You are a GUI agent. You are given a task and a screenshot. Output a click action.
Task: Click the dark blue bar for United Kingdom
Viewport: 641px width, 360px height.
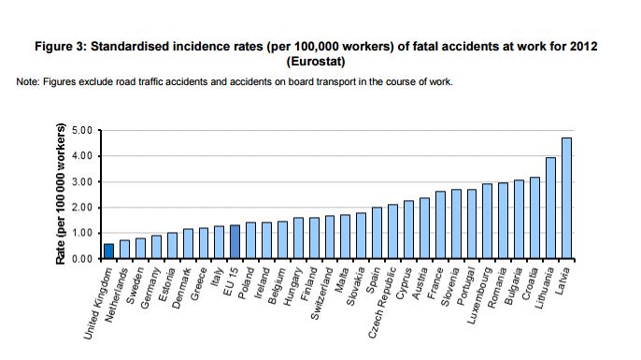(109, 251)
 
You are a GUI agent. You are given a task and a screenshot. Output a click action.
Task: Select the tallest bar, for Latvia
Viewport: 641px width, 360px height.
(566, 198)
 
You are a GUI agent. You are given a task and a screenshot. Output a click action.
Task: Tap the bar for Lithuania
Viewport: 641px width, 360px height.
(551, 208)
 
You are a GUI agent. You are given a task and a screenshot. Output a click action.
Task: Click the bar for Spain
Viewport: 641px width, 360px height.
(377, 233)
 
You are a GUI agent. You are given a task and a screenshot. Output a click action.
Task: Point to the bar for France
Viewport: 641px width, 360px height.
(440, 224)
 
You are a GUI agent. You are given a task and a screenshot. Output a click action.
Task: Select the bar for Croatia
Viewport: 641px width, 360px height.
(535, 218)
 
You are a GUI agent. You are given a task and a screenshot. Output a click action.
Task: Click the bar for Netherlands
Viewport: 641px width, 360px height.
(124, 249)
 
